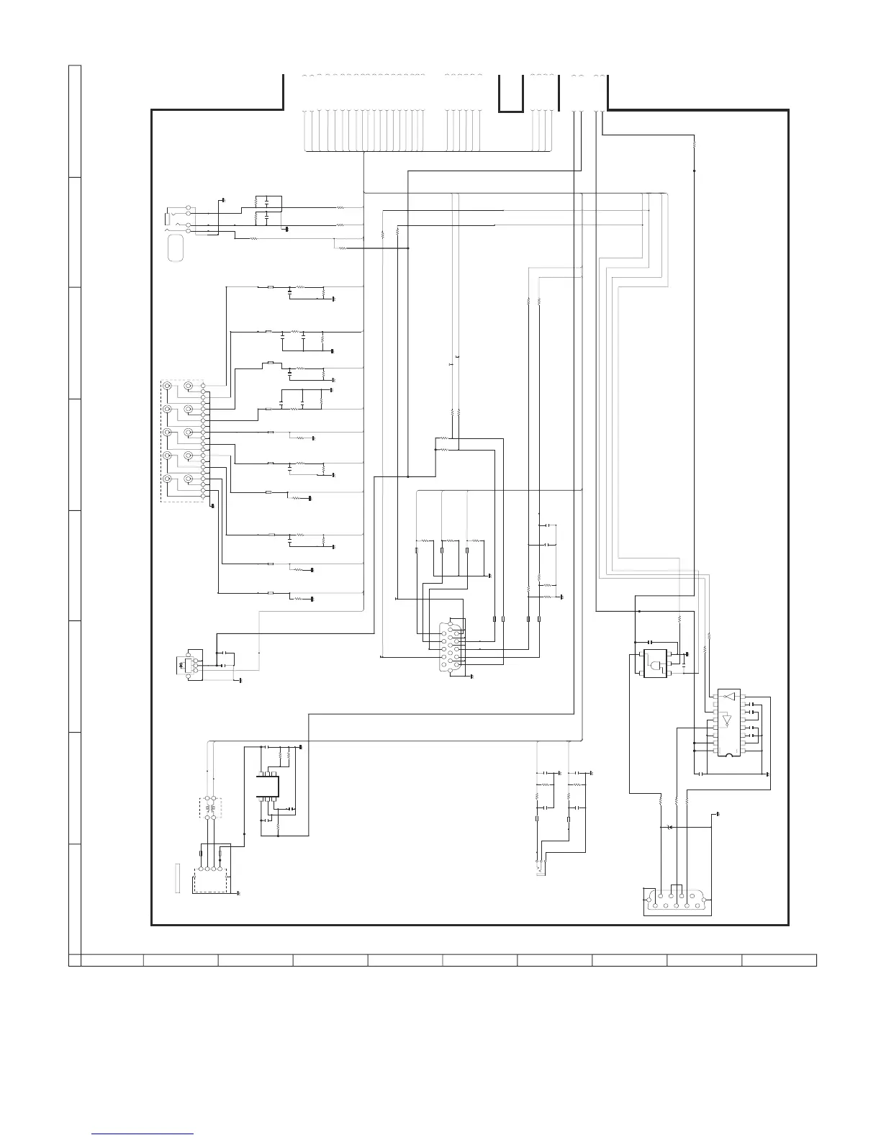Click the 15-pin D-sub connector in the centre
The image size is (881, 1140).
[451, 646]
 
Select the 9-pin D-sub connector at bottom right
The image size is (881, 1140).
[677, 902]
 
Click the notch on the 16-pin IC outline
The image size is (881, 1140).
[728, 754]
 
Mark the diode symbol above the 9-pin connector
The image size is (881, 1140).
[670, 828]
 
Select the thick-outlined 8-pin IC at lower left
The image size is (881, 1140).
[268, 786]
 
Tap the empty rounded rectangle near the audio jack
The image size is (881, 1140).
[176, 249]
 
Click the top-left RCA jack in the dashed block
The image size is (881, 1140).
[168, 386]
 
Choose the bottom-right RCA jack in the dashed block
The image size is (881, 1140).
[189, 479]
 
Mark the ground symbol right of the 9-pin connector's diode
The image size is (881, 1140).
[718, 815]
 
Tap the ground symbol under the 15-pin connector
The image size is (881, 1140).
[471, 677]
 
